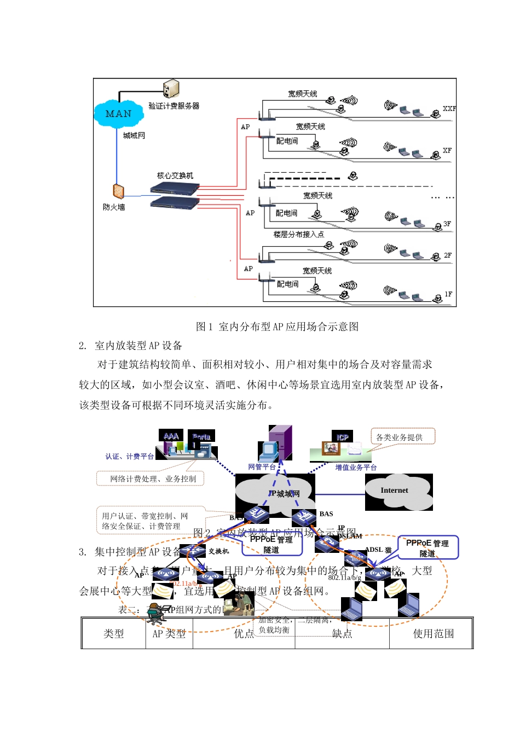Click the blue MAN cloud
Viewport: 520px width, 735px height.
(118, 114)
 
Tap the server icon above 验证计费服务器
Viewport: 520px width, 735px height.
(171, 89)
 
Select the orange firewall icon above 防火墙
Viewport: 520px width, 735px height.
(118, 191)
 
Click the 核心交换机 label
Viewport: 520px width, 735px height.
(175, 176)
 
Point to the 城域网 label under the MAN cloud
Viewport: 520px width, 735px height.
(134, 136)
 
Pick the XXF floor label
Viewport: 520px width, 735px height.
(449, 109)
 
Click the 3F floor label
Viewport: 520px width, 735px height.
(447, 224)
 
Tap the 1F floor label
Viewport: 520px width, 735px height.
(448, 294)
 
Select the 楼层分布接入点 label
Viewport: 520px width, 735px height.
(298, 235)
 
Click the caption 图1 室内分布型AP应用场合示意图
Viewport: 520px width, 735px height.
(277, 326)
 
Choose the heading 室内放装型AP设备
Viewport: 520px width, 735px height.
(138, 346)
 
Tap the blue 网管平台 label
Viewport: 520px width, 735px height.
(262, 467)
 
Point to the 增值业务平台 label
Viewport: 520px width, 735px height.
(356, 468)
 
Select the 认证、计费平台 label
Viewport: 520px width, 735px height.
(130, 457)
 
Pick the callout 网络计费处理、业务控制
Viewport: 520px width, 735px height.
(153, 479)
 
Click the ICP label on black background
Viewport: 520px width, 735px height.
(343, 437)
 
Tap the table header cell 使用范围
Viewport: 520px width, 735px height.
(433, 634)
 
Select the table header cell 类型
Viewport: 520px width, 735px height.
(113, 634)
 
